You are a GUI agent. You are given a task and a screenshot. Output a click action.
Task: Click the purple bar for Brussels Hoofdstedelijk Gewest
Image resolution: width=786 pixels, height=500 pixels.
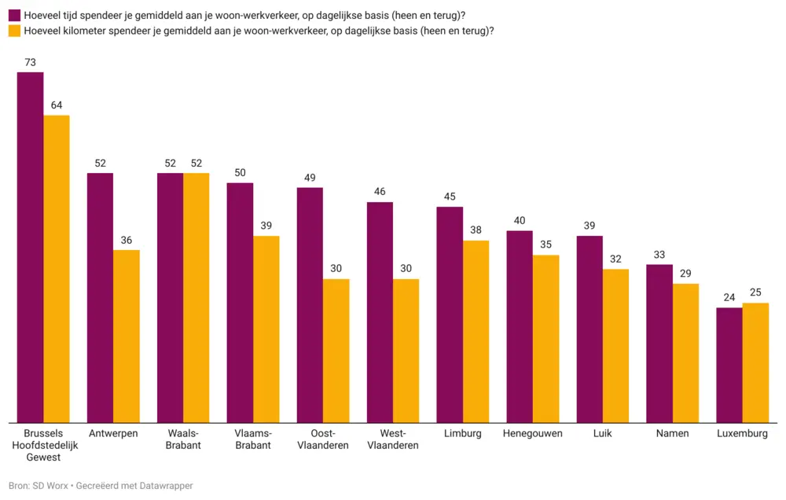tap(31, 247)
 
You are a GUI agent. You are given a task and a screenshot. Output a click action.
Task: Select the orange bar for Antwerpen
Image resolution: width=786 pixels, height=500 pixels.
tap(127, 336)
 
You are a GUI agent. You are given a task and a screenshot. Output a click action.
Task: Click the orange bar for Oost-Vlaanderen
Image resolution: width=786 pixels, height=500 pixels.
tap(336, 351)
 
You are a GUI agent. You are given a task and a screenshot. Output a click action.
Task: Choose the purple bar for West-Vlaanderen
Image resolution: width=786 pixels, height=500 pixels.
tap(380, 312)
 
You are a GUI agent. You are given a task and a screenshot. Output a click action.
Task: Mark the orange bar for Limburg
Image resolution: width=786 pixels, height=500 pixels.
tap(476, 331)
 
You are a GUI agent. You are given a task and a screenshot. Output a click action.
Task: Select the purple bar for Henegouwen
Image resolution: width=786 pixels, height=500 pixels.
tap(520, 326)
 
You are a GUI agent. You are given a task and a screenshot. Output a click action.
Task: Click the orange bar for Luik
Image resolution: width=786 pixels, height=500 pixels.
tap(615, 345)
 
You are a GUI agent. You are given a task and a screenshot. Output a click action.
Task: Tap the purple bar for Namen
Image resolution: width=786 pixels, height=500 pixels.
tap(659, 344)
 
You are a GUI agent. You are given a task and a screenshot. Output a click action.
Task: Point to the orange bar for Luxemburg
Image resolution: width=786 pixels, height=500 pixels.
tap(755, 362)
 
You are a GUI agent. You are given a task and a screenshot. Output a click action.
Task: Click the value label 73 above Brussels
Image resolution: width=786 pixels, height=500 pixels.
tap(31, 62)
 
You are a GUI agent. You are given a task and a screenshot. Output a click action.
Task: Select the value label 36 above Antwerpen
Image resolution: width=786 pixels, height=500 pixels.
tap(127, 240)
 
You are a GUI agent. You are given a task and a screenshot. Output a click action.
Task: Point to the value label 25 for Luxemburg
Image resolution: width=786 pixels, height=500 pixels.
tap(755, 292)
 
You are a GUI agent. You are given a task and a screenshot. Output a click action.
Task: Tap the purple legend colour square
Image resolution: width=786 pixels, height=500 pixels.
tap(14, 14)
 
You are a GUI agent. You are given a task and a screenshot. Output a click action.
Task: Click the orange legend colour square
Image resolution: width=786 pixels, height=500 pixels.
tap(14, 31)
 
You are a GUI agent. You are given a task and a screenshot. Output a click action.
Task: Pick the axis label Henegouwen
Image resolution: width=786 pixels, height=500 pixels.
tap(533, 433)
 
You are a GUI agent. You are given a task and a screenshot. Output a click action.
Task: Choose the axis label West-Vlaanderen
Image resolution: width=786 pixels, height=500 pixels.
tap(393, 439)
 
